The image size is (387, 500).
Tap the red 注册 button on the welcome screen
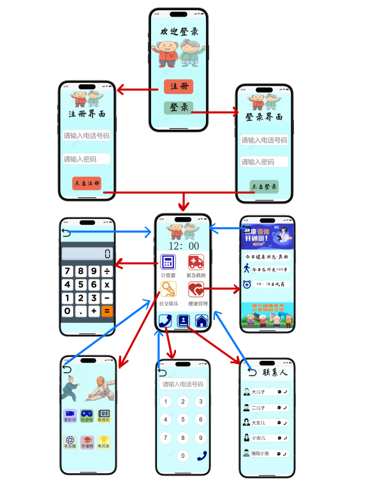coord(179,86)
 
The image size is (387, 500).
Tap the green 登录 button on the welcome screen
coord(179,107)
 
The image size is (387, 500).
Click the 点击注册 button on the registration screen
coord(87,183)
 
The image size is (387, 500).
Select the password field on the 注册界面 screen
coord(86,159)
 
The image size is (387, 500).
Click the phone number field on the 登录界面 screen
coord(264,140)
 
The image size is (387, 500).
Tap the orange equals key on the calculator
coord(106,312)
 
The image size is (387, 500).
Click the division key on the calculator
coord(106,271)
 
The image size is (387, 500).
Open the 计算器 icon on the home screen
coord(168,262)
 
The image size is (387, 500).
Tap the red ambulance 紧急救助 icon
coord(196,262)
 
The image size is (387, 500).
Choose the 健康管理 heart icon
coord(196,290)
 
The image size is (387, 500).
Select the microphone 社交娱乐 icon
coord(168,290)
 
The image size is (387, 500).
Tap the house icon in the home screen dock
coord(201,321)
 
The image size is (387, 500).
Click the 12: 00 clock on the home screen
coord(184,246)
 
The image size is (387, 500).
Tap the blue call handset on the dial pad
coord(201,455)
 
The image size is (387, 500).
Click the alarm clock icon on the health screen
coord(247,284)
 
